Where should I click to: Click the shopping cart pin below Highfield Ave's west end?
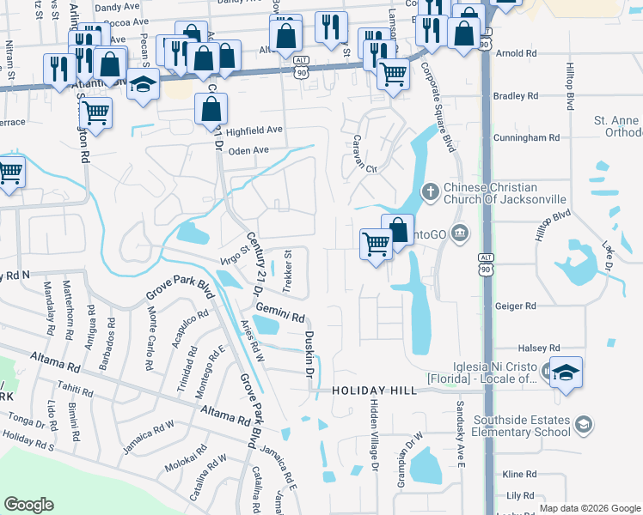[x=96, y=112]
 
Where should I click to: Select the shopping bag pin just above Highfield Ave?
[x=211, y=109]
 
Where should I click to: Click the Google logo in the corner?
[x=29, y=505]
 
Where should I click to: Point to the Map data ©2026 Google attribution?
[x=589, y=508]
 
